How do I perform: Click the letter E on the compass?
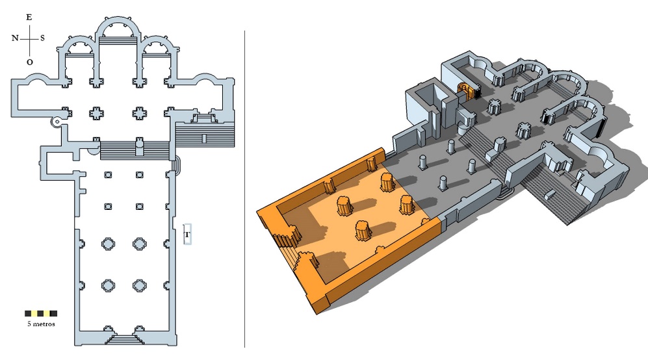tap(29, 17)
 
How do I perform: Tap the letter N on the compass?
tap(16, 38)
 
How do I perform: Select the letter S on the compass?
tap(42, 38)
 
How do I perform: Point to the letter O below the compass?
tap(29, 62)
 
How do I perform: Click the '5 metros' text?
tap(41, 324)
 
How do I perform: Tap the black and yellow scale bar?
tap(41, 313)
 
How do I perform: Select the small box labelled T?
tap(187, 235)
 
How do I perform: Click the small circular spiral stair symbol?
tap(57, 122)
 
